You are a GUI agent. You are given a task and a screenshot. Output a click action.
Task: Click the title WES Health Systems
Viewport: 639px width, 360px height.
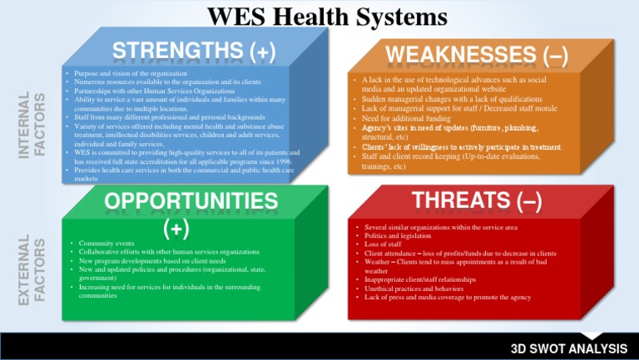[x=327, y=17]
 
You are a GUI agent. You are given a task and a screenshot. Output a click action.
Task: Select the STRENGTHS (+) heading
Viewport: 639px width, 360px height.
[x=194, y=52]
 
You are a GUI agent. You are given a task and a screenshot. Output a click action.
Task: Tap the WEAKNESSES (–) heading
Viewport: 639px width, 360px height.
[x=477, y=56]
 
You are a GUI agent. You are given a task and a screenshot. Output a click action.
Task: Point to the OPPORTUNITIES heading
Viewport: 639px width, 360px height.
[x=191, y=200]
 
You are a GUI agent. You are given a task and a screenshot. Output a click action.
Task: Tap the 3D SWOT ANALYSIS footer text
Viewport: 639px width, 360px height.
[x=568, y=348]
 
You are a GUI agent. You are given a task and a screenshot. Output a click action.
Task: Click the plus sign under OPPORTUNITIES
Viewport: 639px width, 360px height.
[x=176, y=226]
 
